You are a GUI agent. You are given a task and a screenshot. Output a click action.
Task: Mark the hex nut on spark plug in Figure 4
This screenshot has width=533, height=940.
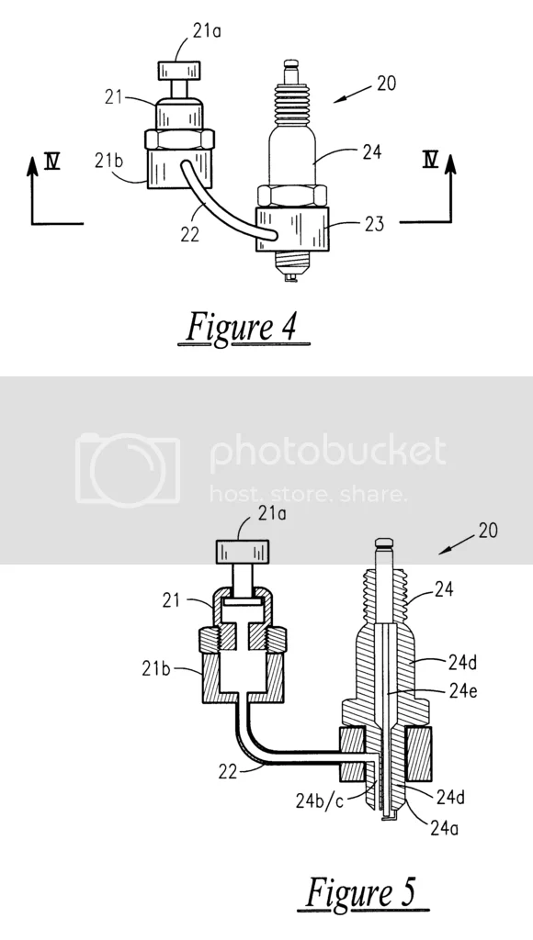pos(290,195)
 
